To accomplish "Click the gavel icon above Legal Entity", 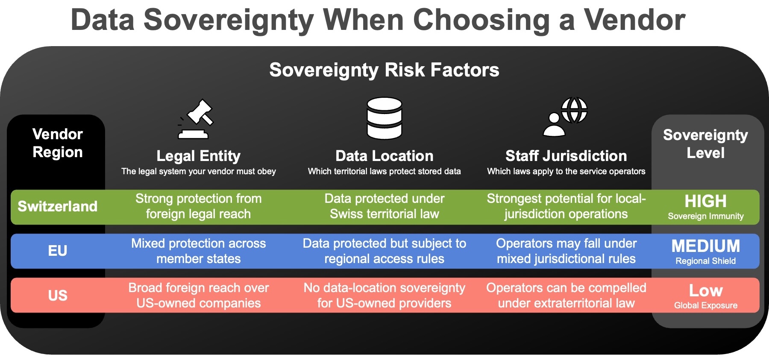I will pos(196,119).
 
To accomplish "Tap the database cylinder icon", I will pos(384,118).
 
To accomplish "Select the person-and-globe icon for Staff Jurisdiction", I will pos(566,117).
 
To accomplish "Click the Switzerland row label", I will pos(58,207).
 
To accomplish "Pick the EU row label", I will pos(58,251).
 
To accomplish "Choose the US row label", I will pos(58,296).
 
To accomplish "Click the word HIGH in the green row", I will pos(705,201).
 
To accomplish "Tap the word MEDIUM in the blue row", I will pos(705,246).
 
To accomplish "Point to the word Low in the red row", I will pos(705,291).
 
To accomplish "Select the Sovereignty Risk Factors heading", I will pos(384,70).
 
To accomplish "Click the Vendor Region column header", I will pos(58,143).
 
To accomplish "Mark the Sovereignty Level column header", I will pos(705,144).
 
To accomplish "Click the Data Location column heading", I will pos(384,156).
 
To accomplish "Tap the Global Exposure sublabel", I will pos(705,305).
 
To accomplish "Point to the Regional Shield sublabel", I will pos(705,261).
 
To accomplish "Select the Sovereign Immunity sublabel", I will pos(705,216).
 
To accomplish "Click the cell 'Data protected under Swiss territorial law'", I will pos(384,206).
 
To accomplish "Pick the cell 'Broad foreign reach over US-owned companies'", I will pos(198,296).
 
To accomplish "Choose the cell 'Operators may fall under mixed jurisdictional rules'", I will pos(566,251).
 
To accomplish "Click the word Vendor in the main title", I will pos(634,20).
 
